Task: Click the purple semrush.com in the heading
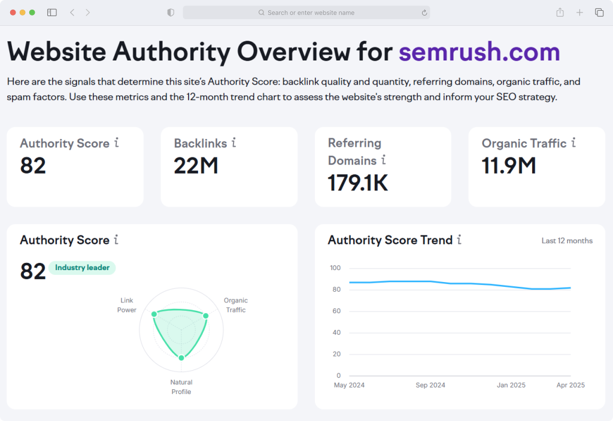click(x=480, y=52)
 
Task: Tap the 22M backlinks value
click(x=196, y=165)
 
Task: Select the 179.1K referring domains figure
click(x=358, y=183)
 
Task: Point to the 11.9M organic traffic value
click(x=509, y=165)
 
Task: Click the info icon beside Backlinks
click(x=234, y=143)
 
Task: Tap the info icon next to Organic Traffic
click(x=573, y=143)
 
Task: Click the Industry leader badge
click(x=82, y=268)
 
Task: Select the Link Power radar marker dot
click(x=154, y=314)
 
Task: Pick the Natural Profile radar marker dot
click(x=181, y=358)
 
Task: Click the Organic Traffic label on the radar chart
click(x=236, y=305)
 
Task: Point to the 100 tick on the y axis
click(x=335, y=268)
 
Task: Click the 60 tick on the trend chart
click(x=336, y=311)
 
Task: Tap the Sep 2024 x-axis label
click(x=430, y=385)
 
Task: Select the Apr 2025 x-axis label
click(x=570, y=385)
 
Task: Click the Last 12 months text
click(x=567, y=241)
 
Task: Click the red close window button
click(x=13, y=13)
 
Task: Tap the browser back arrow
click(x=72, y=13)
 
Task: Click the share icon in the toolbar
click(x=560, y=13)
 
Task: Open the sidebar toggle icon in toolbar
click(x=52, y=13)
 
